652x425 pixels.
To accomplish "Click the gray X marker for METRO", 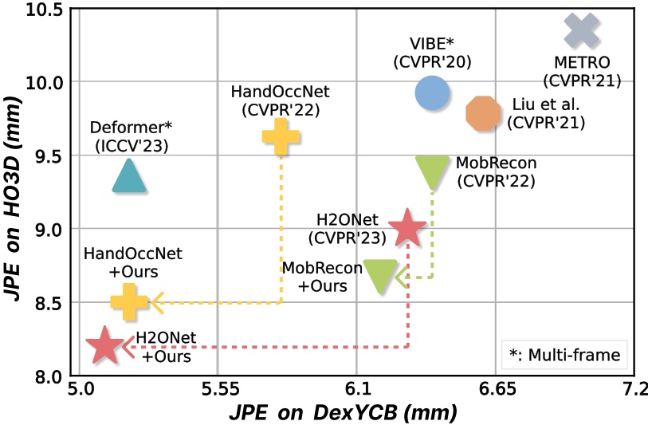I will [x=582, y=30].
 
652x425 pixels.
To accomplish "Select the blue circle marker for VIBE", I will [x=431, y=93].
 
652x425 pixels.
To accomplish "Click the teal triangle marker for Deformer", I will [x=129, y=175].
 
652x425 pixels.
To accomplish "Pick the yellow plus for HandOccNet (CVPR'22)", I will [x=280, y=136].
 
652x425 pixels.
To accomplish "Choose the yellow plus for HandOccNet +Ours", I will [x=128, y=302].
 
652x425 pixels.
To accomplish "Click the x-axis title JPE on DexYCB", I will [x=342, y=413].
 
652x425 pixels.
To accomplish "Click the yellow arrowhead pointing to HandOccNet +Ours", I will [x=157, y=302].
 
